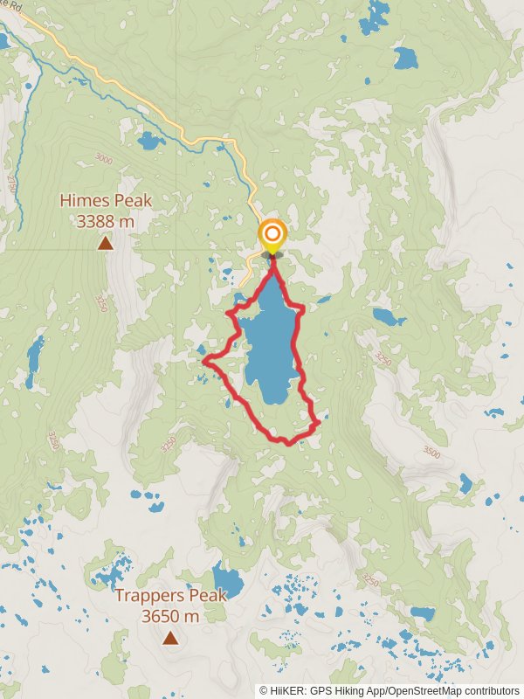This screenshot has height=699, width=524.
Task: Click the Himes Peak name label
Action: tap(106, 201)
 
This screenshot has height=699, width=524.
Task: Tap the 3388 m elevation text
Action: tap(106, 222)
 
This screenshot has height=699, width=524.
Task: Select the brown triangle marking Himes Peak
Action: tap(106, 243)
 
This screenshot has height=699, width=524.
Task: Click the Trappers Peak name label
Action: tap(171, 596)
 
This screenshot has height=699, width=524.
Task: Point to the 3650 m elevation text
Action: tap(170, 616)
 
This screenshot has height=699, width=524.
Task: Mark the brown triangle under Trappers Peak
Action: tap(170, 639)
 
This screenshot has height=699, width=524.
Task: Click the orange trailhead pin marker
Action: tap(272, 234)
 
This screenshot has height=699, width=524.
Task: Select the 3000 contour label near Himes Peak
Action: tap(104, 159)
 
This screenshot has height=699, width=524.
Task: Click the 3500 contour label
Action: tap(431, 453)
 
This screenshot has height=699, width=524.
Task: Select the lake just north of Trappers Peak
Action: tap(228, 578)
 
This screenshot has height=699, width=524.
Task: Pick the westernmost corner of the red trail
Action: tap(204, 360)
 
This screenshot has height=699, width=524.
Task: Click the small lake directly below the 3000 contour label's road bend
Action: tap(149, 140)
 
